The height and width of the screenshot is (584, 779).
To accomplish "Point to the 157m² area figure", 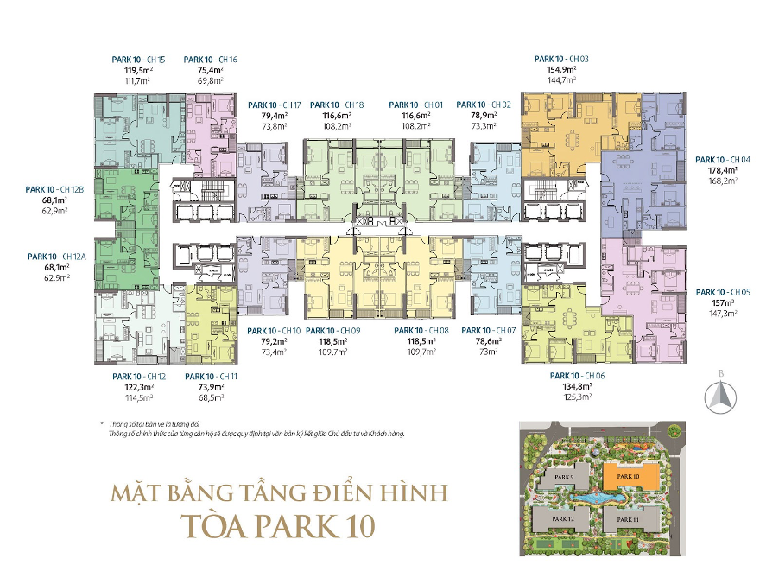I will click(723, 303).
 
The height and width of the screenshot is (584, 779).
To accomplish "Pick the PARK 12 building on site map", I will click(560, 518).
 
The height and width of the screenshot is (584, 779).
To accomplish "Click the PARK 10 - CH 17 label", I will click(273, 105).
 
